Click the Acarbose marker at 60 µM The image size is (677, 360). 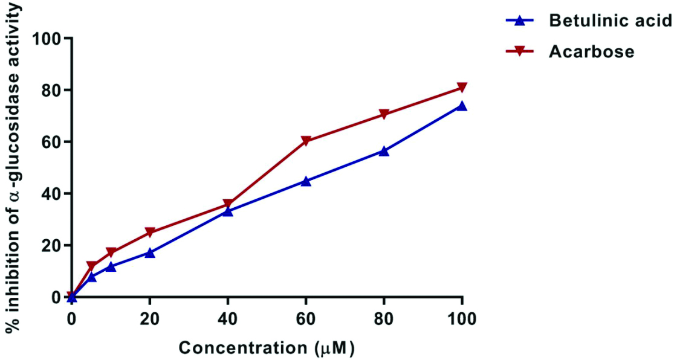tap(306, 141)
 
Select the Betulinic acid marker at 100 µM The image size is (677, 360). tap(462, 106)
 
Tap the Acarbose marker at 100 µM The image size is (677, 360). tap(462, 88)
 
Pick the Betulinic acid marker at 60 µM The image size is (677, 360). tap(306, 181)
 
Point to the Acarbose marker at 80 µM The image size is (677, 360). tap(384, 114)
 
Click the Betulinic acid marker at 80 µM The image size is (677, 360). tap(384, 150)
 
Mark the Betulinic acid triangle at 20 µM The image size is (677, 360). tap(150, 252)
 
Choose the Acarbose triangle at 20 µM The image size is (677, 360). tap(150, 233)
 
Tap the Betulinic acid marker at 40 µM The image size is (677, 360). tap(228, 211)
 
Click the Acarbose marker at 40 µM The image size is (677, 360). tap(228, 204)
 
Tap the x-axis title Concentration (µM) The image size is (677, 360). tap(266, 348)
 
